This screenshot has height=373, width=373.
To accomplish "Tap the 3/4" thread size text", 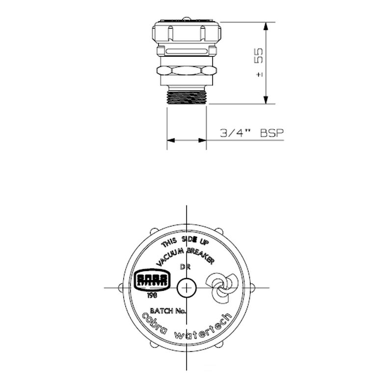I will point(235,133).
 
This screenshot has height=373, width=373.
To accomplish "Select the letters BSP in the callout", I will point(272,133).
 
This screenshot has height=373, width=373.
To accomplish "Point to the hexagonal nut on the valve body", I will point(186,71).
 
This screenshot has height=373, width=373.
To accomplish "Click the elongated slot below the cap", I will point(186,51).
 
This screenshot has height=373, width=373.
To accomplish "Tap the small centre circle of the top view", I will point(186,287).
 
